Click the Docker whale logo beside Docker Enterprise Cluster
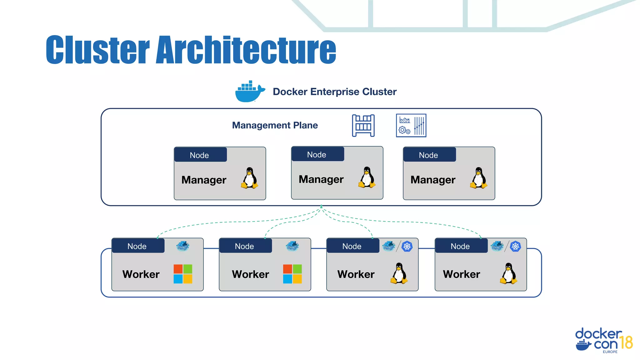(249, 92)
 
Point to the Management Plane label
(275, 125)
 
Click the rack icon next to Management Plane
(363, 126)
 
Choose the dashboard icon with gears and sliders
(411, 126)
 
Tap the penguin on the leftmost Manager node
(249, 178)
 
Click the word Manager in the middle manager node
(321, 179)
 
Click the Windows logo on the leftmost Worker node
(183, 274)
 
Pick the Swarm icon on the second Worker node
(292, 246)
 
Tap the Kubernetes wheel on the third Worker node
(407, 246)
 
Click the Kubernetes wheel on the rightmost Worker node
(515, 246)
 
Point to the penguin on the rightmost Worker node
(508, 273)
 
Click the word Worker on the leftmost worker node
(141, 274)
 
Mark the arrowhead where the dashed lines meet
(321, 207)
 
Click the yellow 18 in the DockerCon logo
(626, 343)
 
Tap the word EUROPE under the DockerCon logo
(610, 352)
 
